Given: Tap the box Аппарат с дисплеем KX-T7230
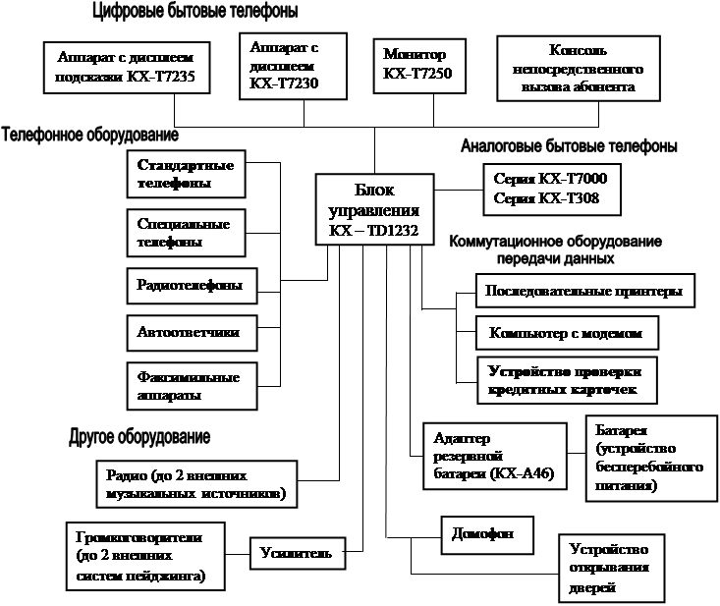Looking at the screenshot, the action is click(294, 66).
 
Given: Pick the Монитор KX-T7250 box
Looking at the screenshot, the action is click(419, 65).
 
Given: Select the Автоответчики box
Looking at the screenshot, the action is click(190, 333).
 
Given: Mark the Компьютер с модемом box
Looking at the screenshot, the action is click(566, 333).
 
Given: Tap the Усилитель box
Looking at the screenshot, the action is click(297, 553).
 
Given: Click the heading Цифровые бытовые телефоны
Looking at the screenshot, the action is click(193, 13).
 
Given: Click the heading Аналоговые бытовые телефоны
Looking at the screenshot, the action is click(569, 146).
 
